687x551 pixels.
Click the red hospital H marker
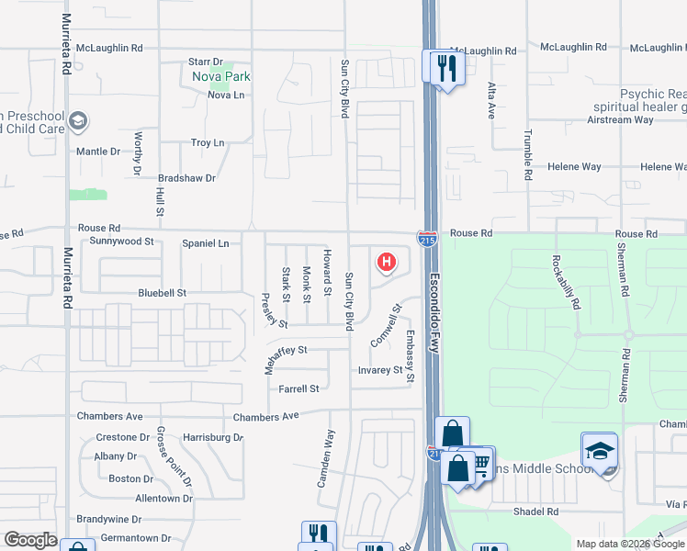point(387,263)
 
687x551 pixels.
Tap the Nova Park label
point(221,76)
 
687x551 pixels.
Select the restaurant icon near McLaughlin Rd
point(447,67)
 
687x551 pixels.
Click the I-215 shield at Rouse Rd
point(427,239)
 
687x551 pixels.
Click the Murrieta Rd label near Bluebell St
point(68,275)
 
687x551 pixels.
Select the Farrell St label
point(298,388)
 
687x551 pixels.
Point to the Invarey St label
point(380,370)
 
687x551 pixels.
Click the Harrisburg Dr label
point(212,437)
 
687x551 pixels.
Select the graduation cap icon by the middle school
point(599,451)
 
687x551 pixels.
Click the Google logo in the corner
point(31,540)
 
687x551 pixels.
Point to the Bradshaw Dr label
point(186,178)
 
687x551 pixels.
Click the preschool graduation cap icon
point(79,120)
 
